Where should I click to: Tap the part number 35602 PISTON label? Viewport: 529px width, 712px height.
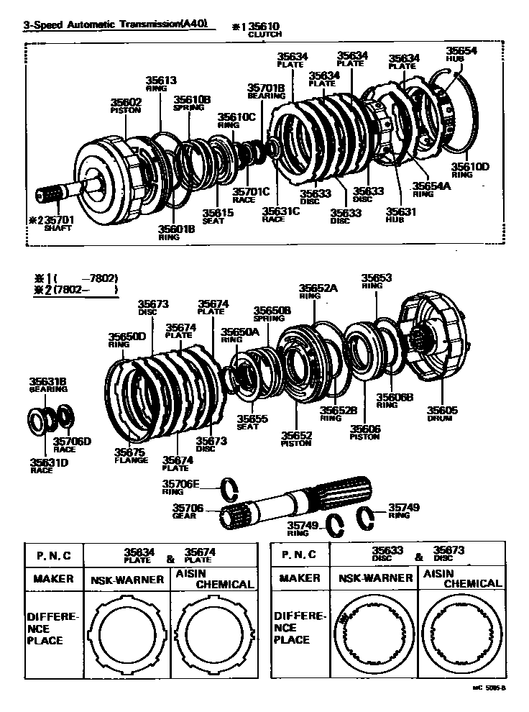coord(126,106)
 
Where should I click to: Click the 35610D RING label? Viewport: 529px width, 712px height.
coord(470,170)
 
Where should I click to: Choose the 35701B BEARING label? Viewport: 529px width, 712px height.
coord(266,91)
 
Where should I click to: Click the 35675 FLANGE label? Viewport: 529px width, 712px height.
coord(131,455)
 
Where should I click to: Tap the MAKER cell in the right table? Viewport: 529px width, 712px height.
coord(299,578)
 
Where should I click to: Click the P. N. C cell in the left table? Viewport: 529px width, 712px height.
coord(54,555)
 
